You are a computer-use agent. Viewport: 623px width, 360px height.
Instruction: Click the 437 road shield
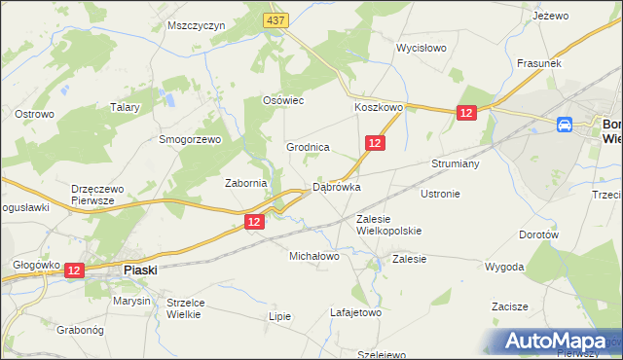(275, 18)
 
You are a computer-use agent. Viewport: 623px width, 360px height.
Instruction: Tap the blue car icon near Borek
(565, 125)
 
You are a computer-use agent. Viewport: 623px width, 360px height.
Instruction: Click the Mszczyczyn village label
(196, 25)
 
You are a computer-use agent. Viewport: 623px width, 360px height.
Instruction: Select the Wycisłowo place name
(421, 48)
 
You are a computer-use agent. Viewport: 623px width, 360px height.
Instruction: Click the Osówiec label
(285, 100)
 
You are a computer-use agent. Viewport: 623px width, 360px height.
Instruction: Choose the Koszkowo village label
(379, 108)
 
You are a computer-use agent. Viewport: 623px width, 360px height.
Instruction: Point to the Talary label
(128, 107)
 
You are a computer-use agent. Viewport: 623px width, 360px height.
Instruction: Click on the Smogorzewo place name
(192, 139)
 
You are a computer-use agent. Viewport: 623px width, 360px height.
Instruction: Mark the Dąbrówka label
(337, 187)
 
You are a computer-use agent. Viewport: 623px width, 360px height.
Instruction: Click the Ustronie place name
(440, 194)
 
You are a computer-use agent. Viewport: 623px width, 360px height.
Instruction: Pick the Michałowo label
(313, 256)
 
